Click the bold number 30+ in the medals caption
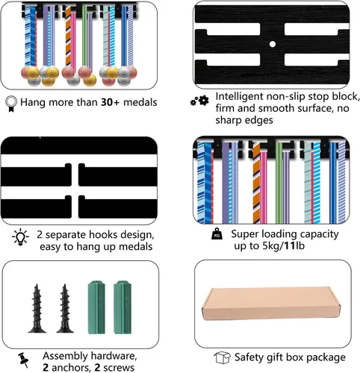pyautogui.click(x=111, y=102)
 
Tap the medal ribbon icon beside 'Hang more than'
pyautogui.click(x=11, y=104)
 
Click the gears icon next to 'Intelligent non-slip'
pyautogui.click(x=199, y=101)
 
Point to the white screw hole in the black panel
pyautogui.click(x=273, y=44)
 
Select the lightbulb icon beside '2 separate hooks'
pyautogui.click(x=20, y=237)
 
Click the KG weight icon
pyautogui.click(x=217, y=233)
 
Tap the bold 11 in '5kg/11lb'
pyautogui.click(x=289, y=245)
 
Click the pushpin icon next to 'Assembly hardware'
pyautogui.click(x=23, y=360)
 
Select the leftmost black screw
pyautogui.click(x=37, y=308)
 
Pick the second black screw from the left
pyautogui.click(x=65, y=308)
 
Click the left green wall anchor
pyautogui.click(x=96, y=307)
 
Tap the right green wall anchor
pyautogui.click(x=122, y=307)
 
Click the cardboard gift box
pyautogui.click(x=271, y=303)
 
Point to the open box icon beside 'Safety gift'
pyautogui.click(x=222, y=357)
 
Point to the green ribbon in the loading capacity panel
pyautogui.click(x=279, y=183)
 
